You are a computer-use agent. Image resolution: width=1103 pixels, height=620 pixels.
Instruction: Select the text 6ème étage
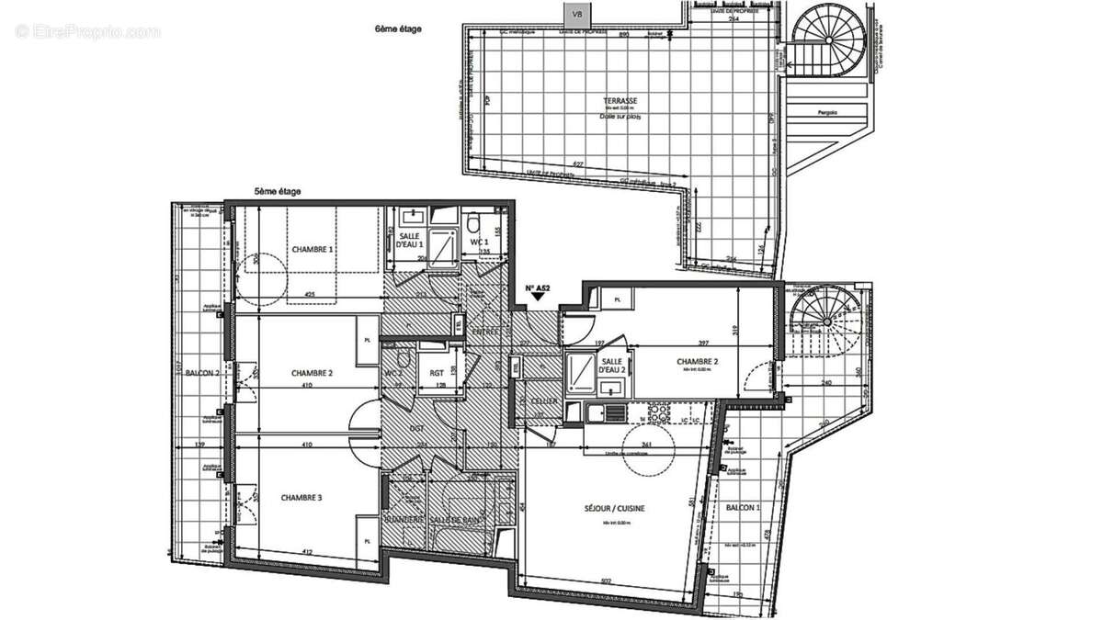tap(398, 29)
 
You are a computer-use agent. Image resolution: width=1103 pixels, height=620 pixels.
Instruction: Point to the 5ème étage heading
tap(278, 192)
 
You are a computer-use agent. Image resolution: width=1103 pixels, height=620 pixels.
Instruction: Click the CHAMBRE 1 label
tap(313, 249)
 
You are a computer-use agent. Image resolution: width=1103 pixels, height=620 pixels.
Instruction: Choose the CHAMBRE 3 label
tap(301, 497)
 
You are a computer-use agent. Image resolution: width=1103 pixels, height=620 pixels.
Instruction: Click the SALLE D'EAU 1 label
tap(409, 241)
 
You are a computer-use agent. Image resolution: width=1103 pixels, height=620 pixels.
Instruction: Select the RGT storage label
tap(438, 373)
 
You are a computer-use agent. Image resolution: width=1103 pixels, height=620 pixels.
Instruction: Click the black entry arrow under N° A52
tap(538, 299)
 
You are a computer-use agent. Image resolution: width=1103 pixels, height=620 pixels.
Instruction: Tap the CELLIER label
tap(539, 401)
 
